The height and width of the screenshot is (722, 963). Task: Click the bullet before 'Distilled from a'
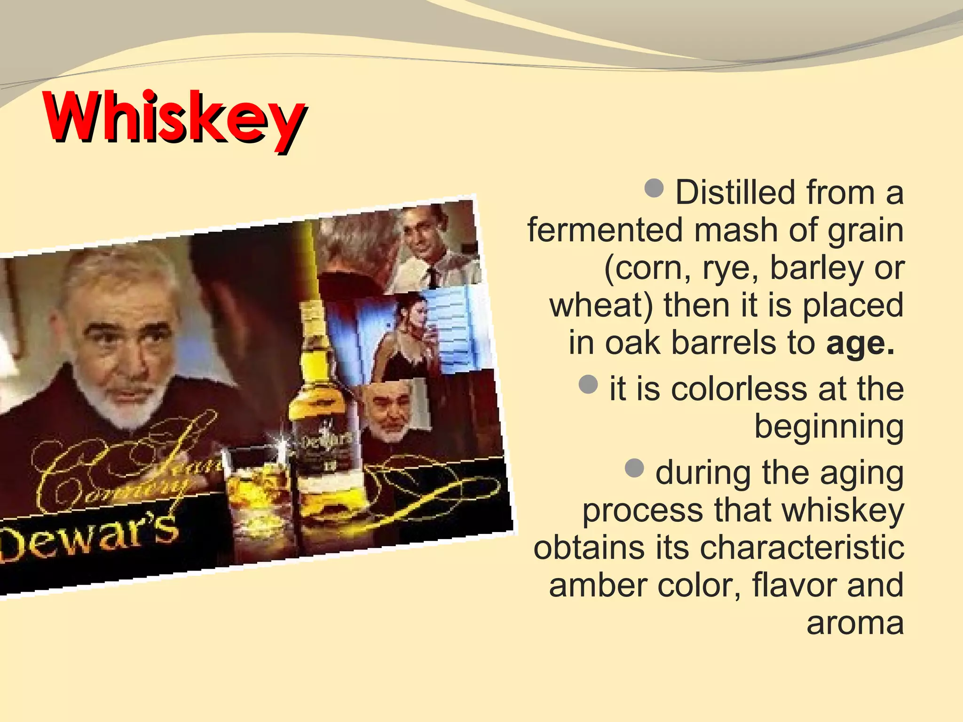[654, 188]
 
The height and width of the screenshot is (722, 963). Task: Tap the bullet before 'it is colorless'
[588, 384]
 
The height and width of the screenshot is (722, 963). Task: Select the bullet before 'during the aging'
[634, 468]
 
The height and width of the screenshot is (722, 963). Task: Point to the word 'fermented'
[605, 230]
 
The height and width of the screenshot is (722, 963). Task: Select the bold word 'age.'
[860, 344]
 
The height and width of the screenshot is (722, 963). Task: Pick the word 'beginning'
[829, 427]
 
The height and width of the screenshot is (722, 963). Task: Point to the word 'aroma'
[855, 623]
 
